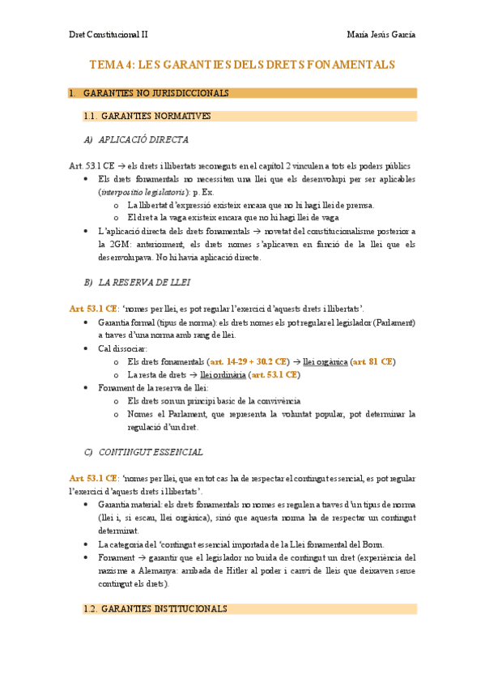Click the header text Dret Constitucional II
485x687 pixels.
[108, 35]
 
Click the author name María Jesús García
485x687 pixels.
[381, 35]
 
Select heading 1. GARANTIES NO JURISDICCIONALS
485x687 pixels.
[155, 93]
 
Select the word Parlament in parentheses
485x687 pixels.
[392, 322]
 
